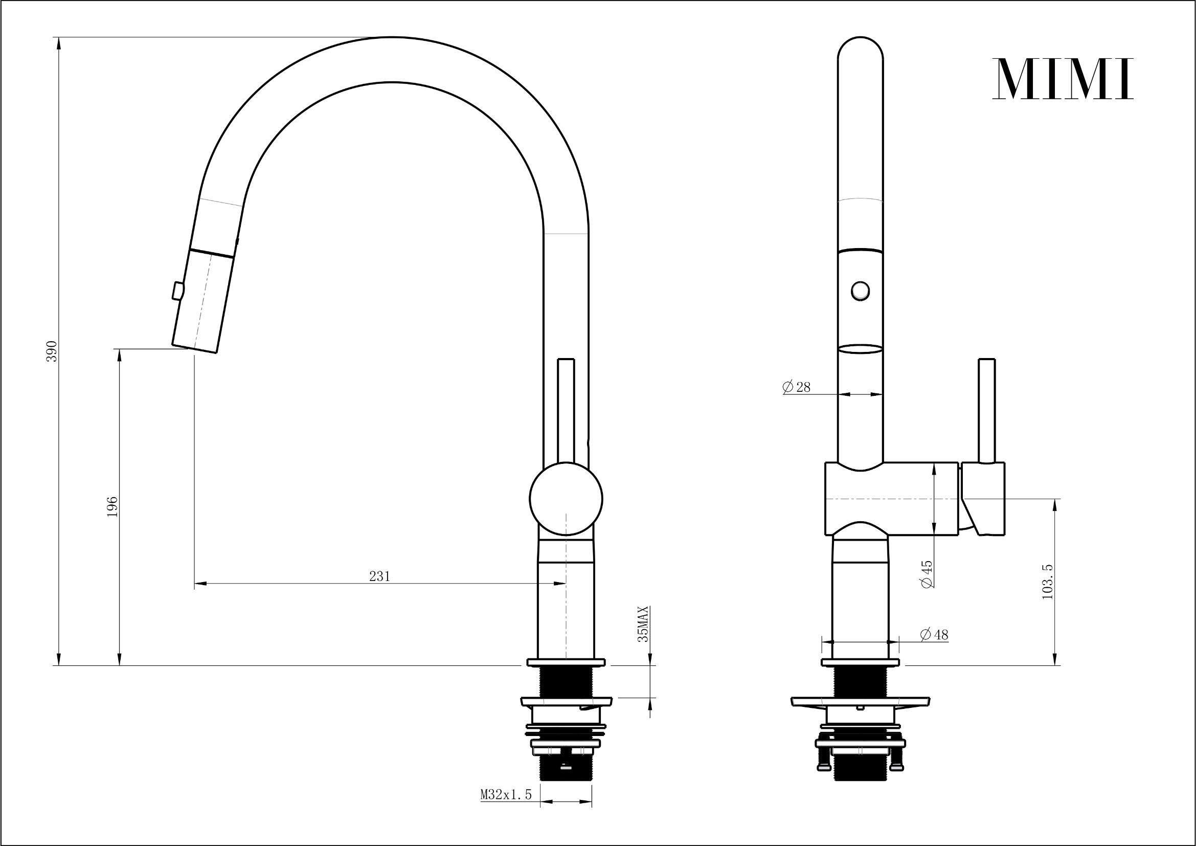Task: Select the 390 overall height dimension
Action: click(x=52, y=351)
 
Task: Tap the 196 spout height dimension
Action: click(x=112, y=506)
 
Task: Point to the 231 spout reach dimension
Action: click(x=379, y=575)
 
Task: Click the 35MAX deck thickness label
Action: click(x=644, y=624)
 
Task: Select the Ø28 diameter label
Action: click(x=797, y=387)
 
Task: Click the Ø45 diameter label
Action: click(x=927, y=573)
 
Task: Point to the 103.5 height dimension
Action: click(x=1047, y=582)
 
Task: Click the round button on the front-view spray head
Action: click(x=860, y=290)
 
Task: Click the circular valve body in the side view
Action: click(x=566, y=499)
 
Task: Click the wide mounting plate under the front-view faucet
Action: click(x=860, y=701)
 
